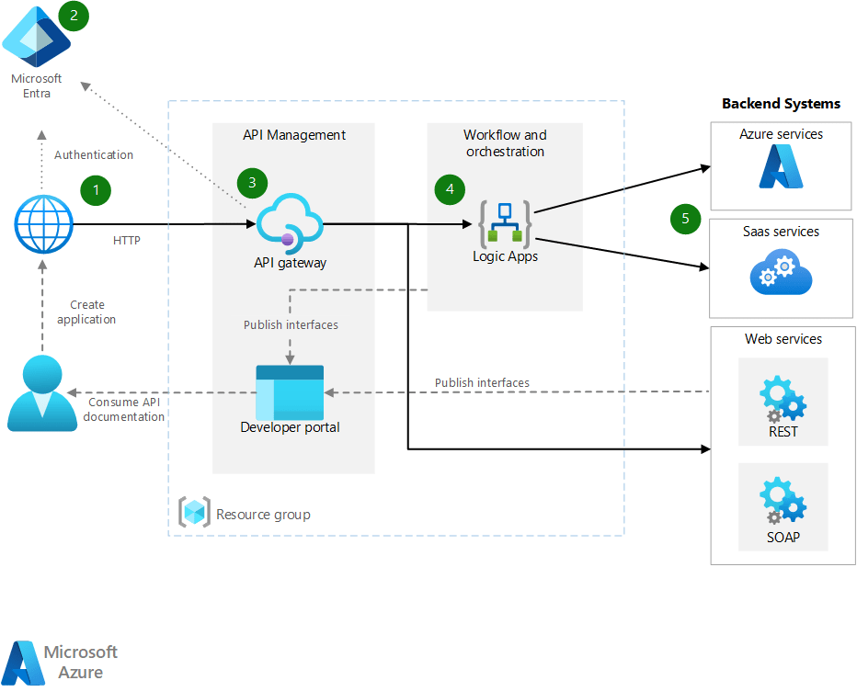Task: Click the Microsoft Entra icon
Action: [x=36, y=37]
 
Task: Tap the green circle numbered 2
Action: [x=73, y=16]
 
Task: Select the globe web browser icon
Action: [x=43, y=224]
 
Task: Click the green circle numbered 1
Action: [x=95, y=190]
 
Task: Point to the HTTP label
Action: [x=127, y=241]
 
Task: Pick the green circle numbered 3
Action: [x=252, y=182]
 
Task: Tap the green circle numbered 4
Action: [x=450, y=189]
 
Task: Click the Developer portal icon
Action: [x=290, y=391]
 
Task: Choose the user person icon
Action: [x=42, y=393]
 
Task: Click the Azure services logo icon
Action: [x=782, y=166]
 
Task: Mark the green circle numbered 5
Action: [x=685, y=218]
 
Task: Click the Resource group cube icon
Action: [x=194, y=513]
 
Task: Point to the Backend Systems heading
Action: [x=781, y=104]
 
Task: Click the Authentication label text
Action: [x=94, y=155]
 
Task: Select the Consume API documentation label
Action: [x=126, y=409]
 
